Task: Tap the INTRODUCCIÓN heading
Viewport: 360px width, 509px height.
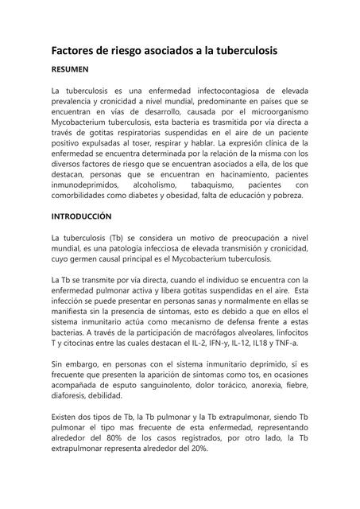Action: (82, 216)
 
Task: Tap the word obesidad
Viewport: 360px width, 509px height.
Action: (182, 194)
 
